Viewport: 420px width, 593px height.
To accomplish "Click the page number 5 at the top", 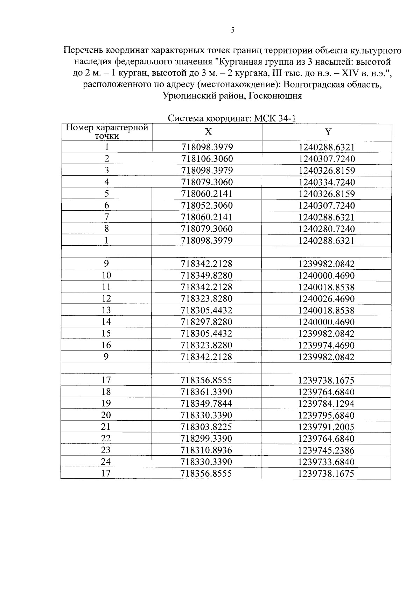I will [233, 30].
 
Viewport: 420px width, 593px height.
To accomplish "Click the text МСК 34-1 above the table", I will [275, 118].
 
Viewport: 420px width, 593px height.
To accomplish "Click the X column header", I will [208, 132].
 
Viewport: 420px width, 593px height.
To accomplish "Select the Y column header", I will [328, 132].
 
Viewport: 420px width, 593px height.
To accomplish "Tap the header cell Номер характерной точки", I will [107, 132].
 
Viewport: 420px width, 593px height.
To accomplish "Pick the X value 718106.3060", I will [207, 159].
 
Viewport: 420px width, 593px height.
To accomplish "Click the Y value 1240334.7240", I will [327, 182].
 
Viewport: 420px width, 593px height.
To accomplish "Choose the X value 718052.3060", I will [207, 205].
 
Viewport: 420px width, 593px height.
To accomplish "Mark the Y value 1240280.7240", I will [327, 229].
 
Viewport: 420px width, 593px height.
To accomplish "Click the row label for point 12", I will [106, 298].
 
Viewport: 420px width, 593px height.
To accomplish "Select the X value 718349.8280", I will [206, 275].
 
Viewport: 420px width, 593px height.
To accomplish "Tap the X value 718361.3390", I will [206, 392].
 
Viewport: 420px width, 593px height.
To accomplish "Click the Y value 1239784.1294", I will [326, 404].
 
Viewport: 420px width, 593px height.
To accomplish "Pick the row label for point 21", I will [106, 427].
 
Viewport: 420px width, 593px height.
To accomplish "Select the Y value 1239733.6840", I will [326, 462].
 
